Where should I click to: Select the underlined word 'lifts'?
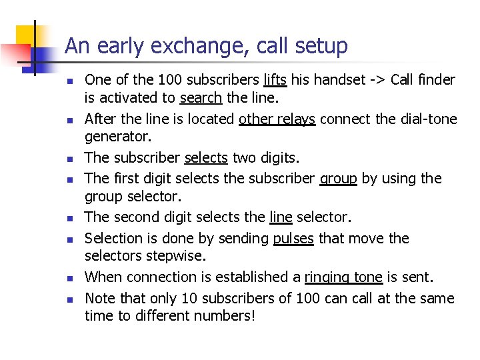(275, 80)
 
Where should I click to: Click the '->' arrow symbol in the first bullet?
(378, 80)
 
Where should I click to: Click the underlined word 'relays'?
(295, 119)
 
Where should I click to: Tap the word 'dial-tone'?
(427, 119)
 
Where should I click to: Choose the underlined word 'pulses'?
(293, 238)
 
